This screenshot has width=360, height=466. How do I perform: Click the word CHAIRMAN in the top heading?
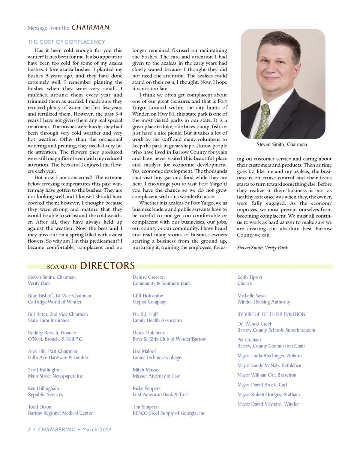[90, 27]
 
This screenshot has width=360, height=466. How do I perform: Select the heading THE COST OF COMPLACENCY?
[66, 42]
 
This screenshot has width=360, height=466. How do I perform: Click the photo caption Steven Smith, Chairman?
[282, 144]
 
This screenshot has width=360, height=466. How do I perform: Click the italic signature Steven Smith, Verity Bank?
[262, 248]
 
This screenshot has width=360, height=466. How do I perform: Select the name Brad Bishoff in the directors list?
[40, 296]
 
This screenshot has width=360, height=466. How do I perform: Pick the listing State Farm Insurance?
[48, 320]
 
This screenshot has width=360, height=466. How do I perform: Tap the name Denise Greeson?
[148, 277]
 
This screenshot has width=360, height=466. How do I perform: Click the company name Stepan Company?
[149, 302]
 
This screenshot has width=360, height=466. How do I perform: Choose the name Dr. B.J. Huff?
[145, 314]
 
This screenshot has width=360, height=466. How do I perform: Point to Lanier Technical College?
[157, 358]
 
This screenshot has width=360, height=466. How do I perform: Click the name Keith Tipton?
[249, 277]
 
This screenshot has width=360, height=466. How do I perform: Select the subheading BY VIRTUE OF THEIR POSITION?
[271, 314]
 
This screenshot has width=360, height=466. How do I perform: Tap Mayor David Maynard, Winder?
[268, 404]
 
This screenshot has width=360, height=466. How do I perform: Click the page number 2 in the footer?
[29, 430]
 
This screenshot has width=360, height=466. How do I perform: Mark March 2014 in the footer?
[97, 430]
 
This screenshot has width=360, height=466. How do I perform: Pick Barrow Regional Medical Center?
[60, 413]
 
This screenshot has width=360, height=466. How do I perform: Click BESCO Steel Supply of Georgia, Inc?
[169, 413]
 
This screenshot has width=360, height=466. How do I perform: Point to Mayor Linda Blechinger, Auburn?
[269, 356]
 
